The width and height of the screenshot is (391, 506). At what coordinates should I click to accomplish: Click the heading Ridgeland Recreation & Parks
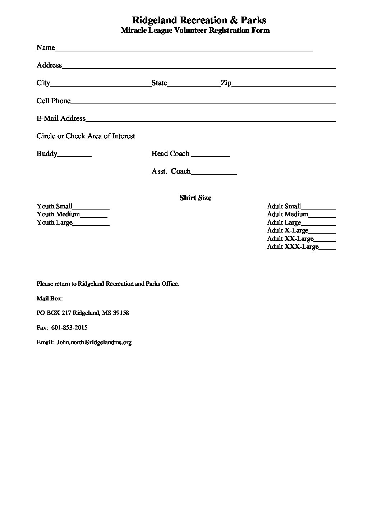pos(199,20)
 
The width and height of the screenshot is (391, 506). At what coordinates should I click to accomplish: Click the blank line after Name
pos(184,50)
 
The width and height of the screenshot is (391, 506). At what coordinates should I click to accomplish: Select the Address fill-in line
pos(199,67)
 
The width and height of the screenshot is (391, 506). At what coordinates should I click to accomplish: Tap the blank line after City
pos(101,85)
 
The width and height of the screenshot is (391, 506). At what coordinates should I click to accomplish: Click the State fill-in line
pos(194,85)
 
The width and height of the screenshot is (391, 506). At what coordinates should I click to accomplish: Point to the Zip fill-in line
pos(284,85)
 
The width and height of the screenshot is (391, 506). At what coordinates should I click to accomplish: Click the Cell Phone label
pos(54,101)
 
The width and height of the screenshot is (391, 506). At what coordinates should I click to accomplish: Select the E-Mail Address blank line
pos(211,120)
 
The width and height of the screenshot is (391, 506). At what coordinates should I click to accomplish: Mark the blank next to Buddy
pos(74,156)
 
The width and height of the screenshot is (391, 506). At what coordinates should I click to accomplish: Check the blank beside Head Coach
pos(211,156)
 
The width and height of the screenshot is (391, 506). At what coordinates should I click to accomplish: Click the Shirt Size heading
pos(195,198)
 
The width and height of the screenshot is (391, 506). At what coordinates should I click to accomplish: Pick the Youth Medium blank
pos(95,216)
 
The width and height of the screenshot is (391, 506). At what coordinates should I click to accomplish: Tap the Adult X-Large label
pos(287,230)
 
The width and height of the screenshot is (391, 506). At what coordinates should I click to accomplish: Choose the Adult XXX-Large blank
pos(327,248)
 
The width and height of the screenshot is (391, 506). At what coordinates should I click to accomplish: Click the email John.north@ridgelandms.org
pos(94,342)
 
